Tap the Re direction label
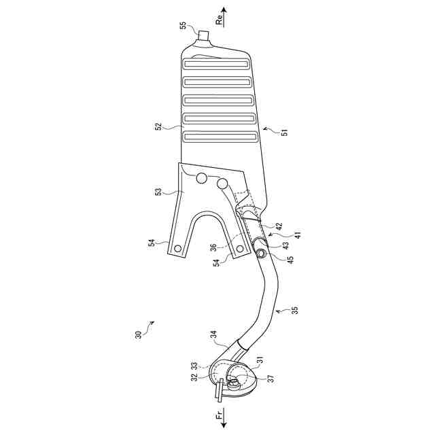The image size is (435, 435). coord(220,20)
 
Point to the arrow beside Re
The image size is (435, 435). coord(224,17)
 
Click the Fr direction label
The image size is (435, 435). coord(219,417)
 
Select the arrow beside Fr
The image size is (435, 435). coord(224,418)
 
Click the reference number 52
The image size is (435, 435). coord(158,127)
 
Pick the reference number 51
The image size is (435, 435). coord(285,132)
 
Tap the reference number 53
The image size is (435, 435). coord(158,192)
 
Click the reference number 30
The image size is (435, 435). coord(139,334)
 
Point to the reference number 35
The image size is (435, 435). coord(295,310)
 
